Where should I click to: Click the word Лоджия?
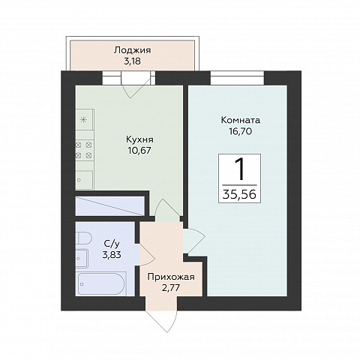[132, 50]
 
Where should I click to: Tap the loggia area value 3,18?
[132, 61]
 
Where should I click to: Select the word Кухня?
[139, 139]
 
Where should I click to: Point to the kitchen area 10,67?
[139, 151]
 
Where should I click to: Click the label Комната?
[241, 120]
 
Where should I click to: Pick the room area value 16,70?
[241, 131]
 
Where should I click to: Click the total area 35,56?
[239, 193]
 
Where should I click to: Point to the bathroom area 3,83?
[112, 255]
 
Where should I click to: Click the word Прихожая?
[171, 277]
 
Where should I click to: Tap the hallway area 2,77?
[171, 288]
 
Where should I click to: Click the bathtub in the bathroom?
[101, 283]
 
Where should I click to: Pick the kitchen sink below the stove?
[84, 180]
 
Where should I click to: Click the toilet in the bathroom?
[83, 238]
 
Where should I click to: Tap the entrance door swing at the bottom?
[161, 321]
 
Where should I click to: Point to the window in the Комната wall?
[237, 78]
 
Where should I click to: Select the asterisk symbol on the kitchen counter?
[82, 120]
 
